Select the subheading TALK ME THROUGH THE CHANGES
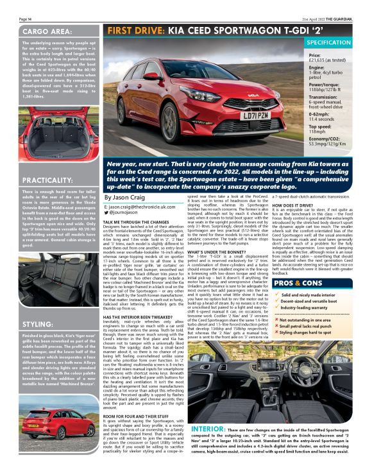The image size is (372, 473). pos(141,221)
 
